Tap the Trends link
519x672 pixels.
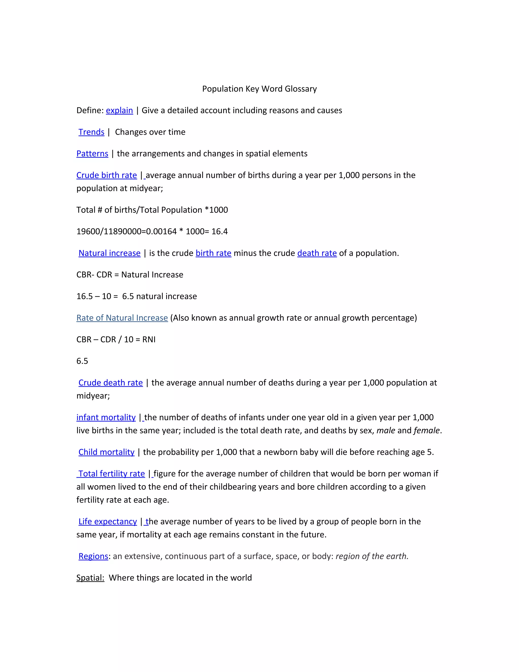pos(91,132)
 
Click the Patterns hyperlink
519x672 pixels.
pos(92,153)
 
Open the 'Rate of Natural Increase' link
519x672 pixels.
pos(122,318)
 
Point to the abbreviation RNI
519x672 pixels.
pos(149,339)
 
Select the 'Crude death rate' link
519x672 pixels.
pos(111,382)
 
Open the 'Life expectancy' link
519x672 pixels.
pos(108,522)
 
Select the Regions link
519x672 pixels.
pos(94,556)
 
